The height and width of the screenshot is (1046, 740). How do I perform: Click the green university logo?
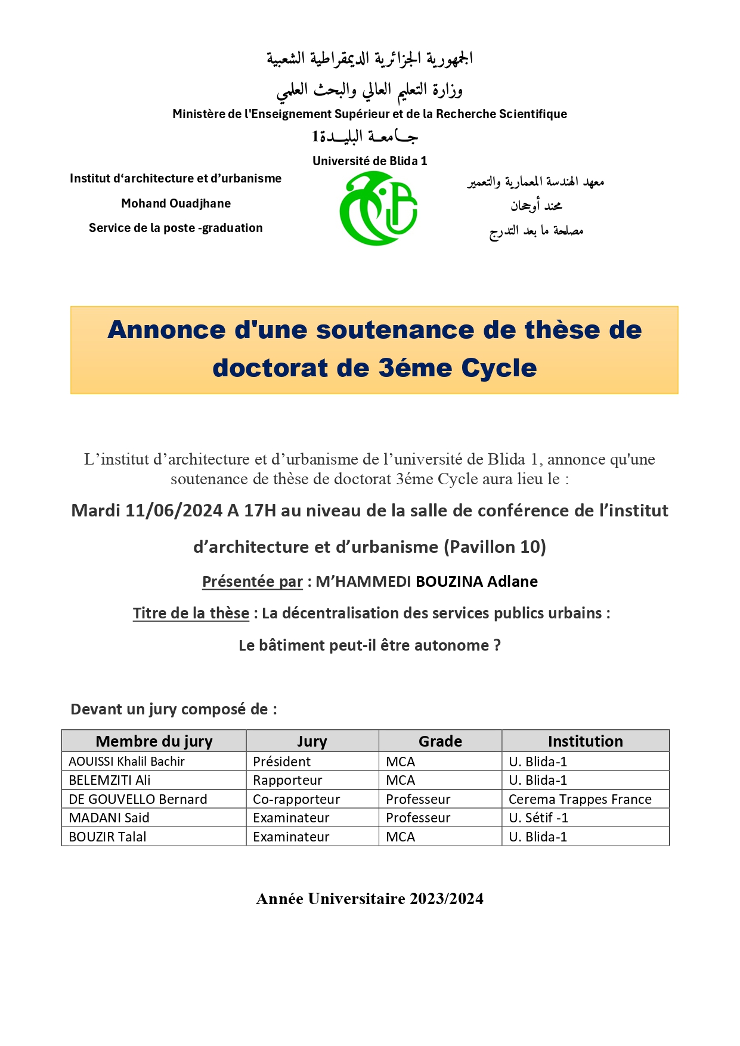pyautogui.click(x=378, y=208)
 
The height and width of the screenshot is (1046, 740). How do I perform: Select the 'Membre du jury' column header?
pyautogui.click(x=154, y=741)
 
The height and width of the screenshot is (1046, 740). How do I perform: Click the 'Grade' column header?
pyautogui.click(x=440, y=741)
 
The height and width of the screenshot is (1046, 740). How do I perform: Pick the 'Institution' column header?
pyautogui.click(x=585, y=741)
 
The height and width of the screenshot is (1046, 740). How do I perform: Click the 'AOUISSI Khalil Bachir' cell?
pyautogui.click(x=127, y=762)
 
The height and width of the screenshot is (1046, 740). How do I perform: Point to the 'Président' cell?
pyautogui.click(x=281, y=762)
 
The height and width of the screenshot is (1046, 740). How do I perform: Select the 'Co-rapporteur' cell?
pyautogui.click(x=296, y=799)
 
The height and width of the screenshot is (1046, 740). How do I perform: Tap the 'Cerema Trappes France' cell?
pyautogui.click(x=580, y=799)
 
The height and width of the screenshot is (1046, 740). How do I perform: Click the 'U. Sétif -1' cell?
pyautogui.click(x=538, y=818)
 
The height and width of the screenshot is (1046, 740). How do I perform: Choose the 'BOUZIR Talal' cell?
pyautogui.click(x=107, y=837)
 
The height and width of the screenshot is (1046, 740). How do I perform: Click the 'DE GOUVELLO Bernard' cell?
pyautogui.click(x=138, y=799)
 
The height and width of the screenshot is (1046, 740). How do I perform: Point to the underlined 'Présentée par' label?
pyautogui.click(x=252, y=581)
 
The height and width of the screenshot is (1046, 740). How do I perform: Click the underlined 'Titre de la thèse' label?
pyautogui.click(x=191, y=613)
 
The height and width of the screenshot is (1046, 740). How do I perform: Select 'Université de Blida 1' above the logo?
pyautogui.click(x=370, y=161)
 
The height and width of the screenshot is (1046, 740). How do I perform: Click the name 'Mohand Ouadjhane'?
pyautogui.click(x=176, y=203)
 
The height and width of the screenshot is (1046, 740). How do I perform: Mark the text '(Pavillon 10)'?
pyautogui.click(x=495, y=547)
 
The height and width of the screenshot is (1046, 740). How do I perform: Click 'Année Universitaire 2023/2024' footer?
pyautogui.click(x=370, y=899)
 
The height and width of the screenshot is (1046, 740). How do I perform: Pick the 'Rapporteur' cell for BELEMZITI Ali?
pyautogui.click(x=287, y=780)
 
